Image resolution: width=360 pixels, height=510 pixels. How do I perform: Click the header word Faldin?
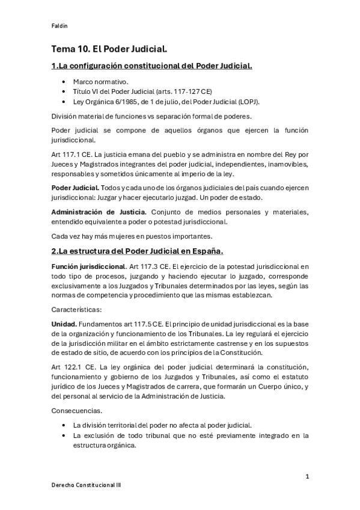[58, 25]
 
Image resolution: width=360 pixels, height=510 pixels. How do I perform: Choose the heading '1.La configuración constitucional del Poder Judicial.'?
[151, 65]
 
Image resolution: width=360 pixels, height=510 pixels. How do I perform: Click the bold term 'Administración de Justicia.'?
[97, 211]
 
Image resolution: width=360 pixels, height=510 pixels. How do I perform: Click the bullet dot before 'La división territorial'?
[64, 425]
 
